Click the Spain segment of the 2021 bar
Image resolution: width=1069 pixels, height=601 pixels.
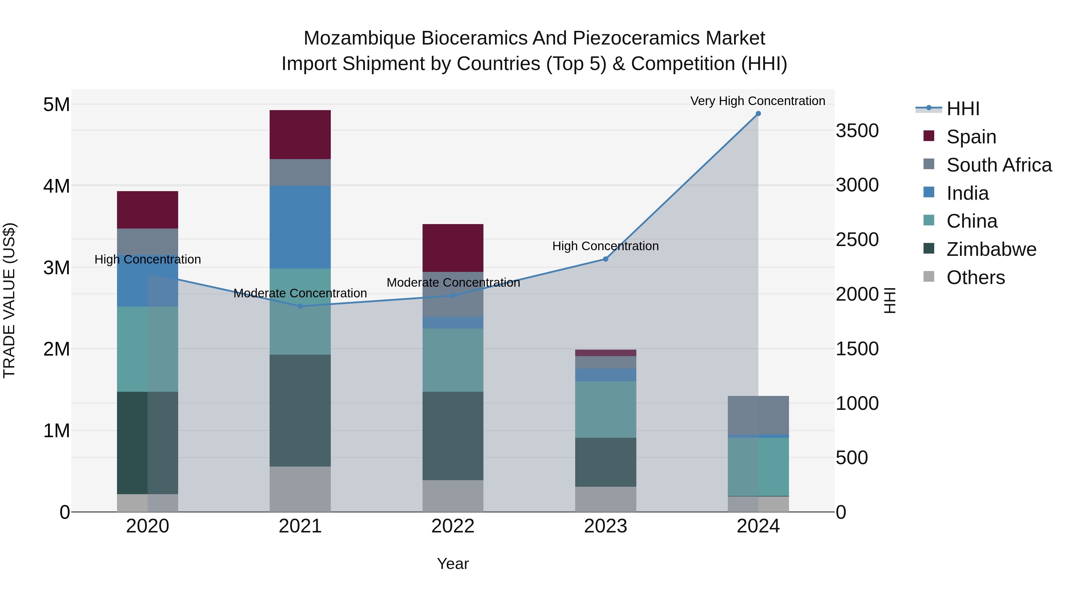[300, 134]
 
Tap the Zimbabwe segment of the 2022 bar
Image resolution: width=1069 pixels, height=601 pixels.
[453, 435]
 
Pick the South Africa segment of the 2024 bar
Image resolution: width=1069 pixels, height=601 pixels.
[758, 415]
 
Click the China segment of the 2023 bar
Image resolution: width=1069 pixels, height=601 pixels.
[605, 409]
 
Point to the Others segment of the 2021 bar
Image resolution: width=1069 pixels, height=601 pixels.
[300, 489]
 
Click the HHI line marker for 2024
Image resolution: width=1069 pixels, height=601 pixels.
[758, 114]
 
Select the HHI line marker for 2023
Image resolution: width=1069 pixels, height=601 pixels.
[605, 259]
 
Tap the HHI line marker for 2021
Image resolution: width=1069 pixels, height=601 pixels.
[300, 306]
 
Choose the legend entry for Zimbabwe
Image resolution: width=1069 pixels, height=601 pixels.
[991, 249]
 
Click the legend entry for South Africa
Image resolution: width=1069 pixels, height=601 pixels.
[998, 165]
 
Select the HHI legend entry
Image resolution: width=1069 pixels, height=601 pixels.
[963, 109]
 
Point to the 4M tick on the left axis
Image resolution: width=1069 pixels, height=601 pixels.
[56, 186]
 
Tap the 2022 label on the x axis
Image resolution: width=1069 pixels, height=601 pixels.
[453, 526]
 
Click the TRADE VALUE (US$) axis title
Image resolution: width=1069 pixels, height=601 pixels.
[9, 300]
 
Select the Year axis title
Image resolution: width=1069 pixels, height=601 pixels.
[453, 564]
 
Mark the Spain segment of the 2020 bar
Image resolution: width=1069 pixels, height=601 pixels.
[147, 210]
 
